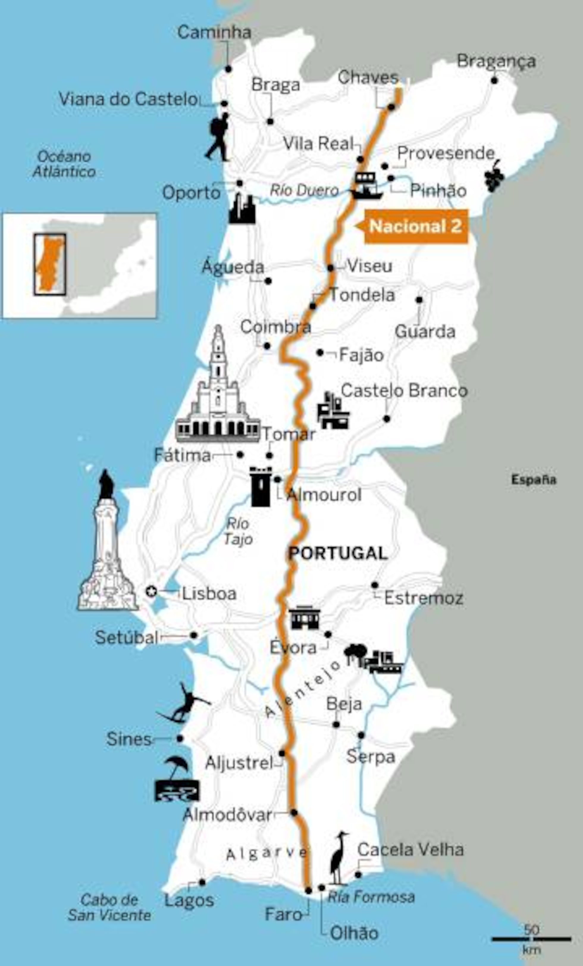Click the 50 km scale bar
531,939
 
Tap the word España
534,480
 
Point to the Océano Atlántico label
64,164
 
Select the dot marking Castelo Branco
387,419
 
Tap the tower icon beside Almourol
261,486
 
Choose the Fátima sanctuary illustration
218,392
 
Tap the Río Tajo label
238,532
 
